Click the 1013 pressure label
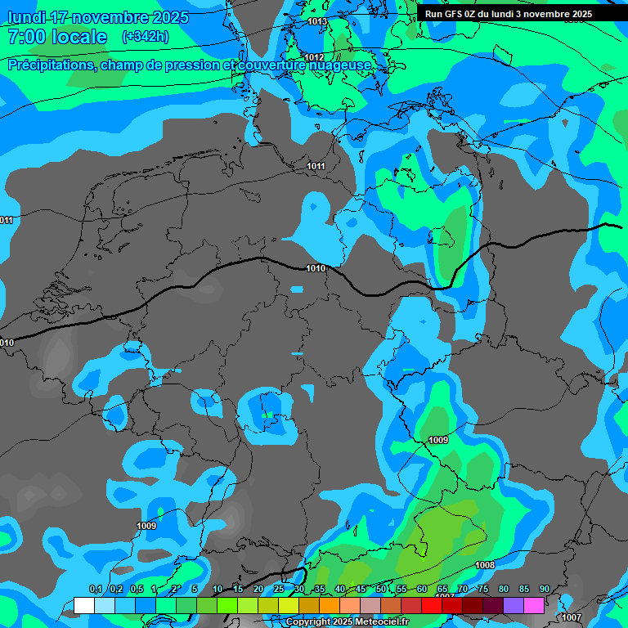click(317, 22)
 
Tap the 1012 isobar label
click(314, 57)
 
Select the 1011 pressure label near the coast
click(316, 167)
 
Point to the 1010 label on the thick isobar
click(316, 268)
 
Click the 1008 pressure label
click(485, 565)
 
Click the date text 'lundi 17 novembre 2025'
click(98, 17)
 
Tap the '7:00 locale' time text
click(57, 37)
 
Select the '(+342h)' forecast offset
click(146, 37)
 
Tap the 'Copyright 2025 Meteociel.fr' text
click(348, 622)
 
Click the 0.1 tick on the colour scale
click(95, 590)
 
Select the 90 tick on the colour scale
click(544, 590)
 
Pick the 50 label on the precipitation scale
click(381, 590)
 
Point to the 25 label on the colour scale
click(279, 590)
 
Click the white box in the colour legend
click(83, 605)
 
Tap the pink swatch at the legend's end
click(534, 605)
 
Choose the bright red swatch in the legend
click(432, 605)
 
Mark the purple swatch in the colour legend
click(514, 605)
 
